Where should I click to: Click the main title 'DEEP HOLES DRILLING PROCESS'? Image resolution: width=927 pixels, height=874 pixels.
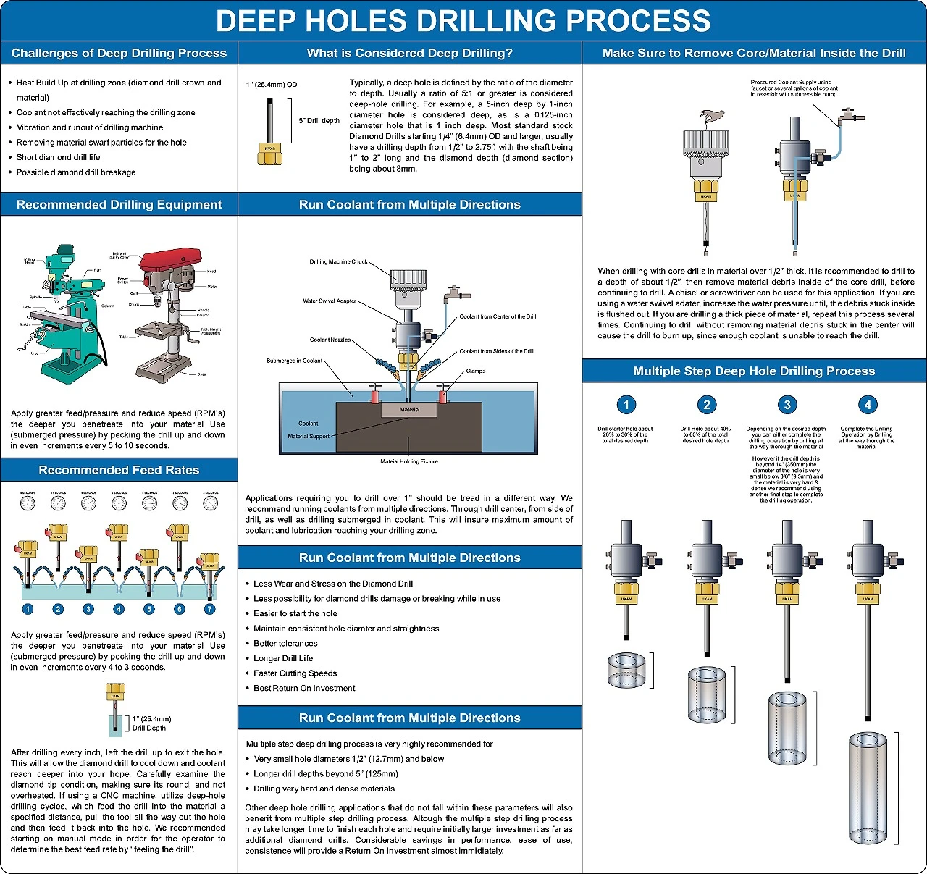point(463,21)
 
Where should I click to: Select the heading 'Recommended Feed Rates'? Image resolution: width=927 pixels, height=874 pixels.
point(119,470)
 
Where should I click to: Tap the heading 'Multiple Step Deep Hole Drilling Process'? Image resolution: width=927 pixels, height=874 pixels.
point(754,371)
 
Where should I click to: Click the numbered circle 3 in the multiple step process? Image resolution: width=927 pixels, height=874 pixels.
point(787,405)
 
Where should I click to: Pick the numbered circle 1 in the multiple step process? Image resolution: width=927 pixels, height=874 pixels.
point(626,405)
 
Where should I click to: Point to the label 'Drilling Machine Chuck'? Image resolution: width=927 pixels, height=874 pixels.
point(338,261)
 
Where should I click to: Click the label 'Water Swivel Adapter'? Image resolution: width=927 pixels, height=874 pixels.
point(330,301)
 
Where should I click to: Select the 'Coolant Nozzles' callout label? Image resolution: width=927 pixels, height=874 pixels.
point(330,340)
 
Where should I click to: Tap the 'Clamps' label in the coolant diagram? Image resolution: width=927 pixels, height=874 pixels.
point(476,371)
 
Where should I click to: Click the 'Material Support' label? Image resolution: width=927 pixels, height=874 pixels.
point(309,436)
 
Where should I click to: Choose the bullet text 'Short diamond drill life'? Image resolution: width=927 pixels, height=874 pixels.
point(59,157)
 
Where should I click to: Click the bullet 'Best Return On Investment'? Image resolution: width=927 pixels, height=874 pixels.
point(304,688)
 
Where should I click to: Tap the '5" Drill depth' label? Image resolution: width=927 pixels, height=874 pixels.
point(319,121)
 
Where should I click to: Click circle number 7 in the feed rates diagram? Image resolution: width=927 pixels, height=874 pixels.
point(209,609)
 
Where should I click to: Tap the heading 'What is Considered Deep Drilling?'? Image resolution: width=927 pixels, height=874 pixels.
point(410,53)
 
